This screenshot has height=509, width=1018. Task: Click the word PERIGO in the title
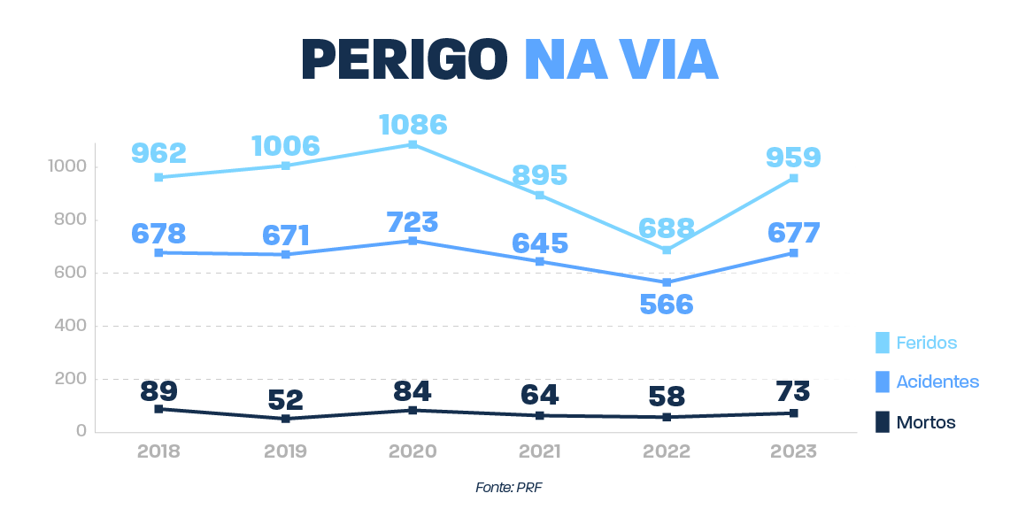[404, 59]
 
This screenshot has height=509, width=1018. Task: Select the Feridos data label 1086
[413, 124]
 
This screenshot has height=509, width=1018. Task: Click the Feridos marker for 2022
[667, 251]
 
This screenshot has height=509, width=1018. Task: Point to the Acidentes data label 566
[666, 305]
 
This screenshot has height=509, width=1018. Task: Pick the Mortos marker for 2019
[286, 419]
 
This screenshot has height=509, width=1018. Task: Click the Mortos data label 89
[158, 390]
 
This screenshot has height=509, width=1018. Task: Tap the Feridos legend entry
[926, 343]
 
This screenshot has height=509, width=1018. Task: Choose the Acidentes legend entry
[937, 382]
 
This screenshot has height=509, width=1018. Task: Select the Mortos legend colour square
[882, 422]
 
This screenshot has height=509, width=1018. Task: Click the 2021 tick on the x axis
[539, 451]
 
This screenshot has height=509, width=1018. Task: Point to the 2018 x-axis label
[158, 451]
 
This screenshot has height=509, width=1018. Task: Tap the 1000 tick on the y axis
[68, 166]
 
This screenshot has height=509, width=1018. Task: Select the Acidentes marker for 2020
[413, 241]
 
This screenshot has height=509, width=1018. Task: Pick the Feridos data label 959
[793, 158]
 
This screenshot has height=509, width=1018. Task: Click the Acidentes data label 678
[158, 234]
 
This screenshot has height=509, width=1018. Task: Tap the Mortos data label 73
[793, 390]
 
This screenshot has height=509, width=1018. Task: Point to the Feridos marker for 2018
[158, 177]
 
